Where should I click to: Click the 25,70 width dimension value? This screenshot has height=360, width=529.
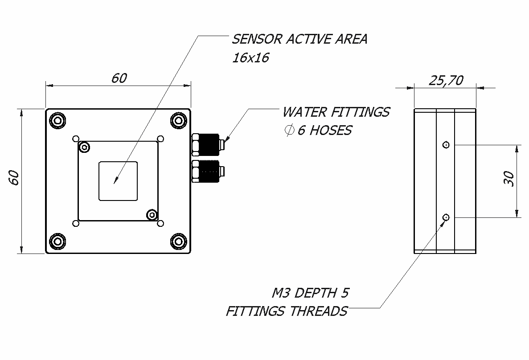(x=446, y=80)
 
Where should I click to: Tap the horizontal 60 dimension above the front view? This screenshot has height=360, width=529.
(x=119, y=78)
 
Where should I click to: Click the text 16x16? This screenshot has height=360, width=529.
(x=250, y=58)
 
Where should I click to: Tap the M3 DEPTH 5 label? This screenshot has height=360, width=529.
(x=310, y=293)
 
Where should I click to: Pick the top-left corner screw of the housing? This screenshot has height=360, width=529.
(x=57, y=120)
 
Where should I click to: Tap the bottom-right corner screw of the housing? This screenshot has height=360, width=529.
(x=179, y=241)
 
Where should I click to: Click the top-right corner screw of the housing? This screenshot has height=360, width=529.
(x=179, y=120)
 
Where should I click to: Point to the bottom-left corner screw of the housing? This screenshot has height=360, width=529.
(x=57, y=241)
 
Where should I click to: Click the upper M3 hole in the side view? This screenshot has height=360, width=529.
(x=446, y=144)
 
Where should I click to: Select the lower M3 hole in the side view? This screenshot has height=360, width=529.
(x=446, y=217)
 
